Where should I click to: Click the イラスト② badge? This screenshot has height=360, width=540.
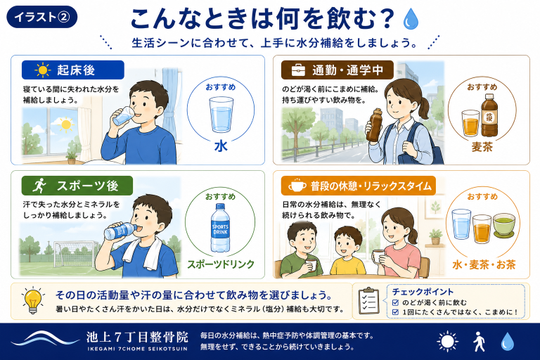[42, 17]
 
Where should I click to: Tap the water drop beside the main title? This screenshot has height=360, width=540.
[411, 19]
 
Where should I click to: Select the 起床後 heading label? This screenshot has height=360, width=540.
[72, 70]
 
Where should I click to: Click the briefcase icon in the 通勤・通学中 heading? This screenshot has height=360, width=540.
[298, 70]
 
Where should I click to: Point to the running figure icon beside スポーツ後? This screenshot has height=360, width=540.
[39, 186]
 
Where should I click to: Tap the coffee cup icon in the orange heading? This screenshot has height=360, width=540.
[297, 186]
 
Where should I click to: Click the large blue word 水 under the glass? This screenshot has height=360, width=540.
[221, 146]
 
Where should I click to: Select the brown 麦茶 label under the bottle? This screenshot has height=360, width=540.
[482, 147]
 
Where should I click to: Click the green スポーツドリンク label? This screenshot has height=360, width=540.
[220, 264]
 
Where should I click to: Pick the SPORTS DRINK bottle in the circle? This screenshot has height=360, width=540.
[220, 228]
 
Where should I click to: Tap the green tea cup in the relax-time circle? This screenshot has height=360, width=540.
[504, 224]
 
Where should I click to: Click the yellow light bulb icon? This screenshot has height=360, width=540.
[33, 300]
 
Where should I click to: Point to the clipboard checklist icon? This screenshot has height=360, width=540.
[369, 301]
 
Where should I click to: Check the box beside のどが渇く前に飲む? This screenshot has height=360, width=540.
[395, 302]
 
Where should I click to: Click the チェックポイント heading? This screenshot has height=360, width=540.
[423, 292]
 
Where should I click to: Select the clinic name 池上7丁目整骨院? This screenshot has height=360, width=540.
[137, 337]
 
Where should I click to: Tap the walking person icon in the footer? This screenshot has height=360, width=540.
[479, 342]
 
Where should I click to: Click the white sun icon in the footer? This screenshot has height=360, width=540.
[447, 342]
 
